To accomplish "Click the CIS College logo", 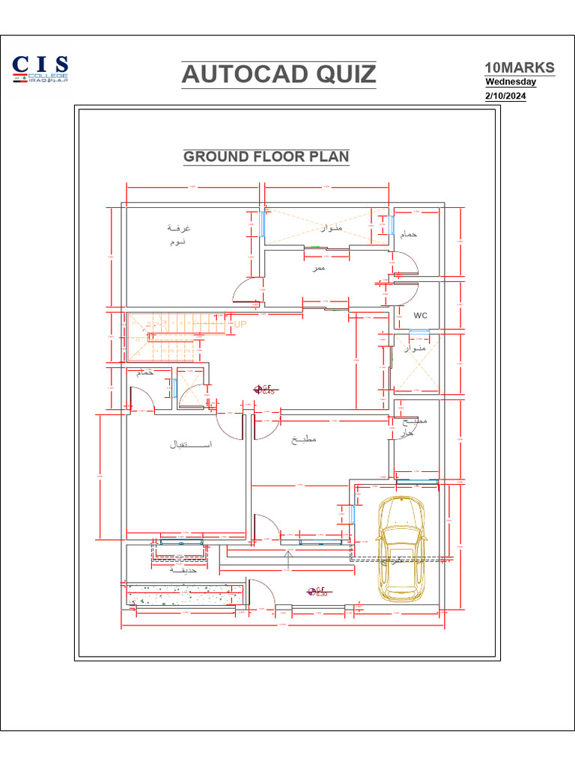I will pyautogui.click(x=40, y=69).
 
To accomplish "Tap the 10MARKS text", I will pyautogui.click(x=520, y=67).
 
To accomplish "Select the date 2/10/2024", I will pyautogui.click(x=505, y=96).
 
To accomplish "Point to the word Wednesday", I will pyautogui.click(x=511, y=82).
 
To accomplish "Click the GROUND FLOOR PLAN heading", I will pyautogui.click(x=267, y=156).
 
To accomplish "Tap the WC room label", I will pyautogui.click(x=420, y=316).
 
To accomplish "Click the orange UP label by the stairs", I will pyautogui.click(x=240, y=325).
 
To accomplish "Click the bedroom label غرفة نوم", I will pyautogui.click(x=177, y=234).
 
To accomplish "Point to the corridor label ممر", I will pyautogui.click(x=320, y=267).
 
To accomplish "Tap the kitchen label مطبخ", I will pyautogui.click(x=304, y=439).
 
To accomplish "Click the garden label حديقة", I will pyautogui.click(x=183, y=569).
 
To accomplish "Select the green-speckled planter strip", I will pyautogui.click(x=184, y=595).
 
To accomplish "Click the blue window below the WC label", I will pyautogui.click(x=419, y=331).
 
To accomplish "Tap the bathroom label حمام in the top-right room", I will pyautogui.click(x=409, y=235).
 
